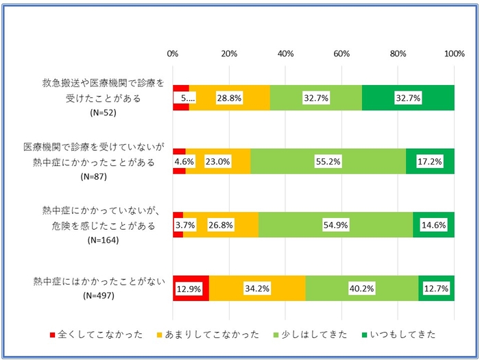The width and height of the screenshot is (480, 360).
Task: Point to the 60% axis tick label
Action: tap(341, 54)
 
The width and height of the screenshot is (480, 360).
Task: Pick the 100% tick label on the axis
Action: tap(454, 54)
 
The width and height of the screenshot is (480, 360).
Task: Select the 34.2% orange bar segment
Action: tap(257, 289)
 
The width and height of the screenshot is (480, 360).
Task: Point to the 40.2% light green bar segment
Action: tap(361, 289)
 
